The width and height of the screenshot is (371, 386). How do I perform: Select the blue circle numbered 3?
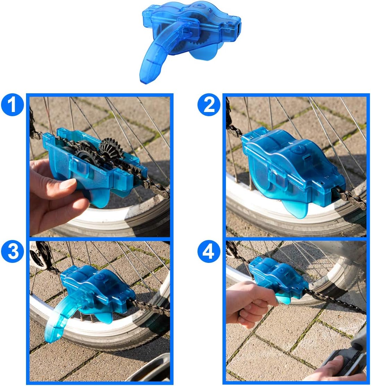tap(12, 252)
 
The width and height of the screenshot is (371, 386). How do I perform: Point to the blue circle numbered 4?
tap(209, 252)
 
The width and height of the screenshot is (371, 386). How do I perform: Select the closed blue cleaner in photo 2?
tap(292, 166)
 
